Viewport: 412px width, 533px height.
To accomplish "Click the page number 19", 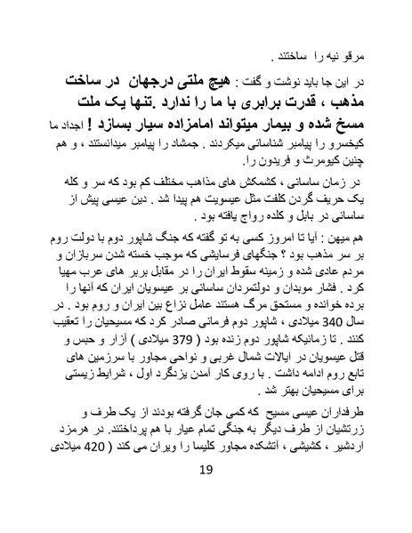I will coord(206,496).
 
